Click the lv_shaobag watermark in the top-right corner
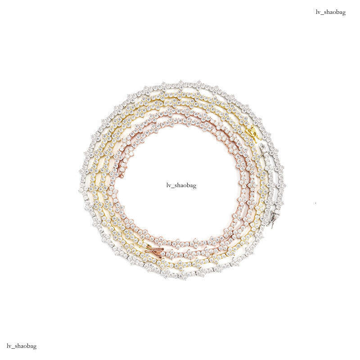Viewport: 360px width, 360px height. (331, 12)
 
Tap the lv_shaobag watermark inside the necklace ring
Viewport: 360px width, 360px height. (181, 185)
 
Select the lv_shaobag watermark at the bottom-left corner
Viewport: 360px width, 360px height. (22, 346)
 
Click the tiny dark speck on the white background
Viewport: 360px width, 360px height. (315, 203)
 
